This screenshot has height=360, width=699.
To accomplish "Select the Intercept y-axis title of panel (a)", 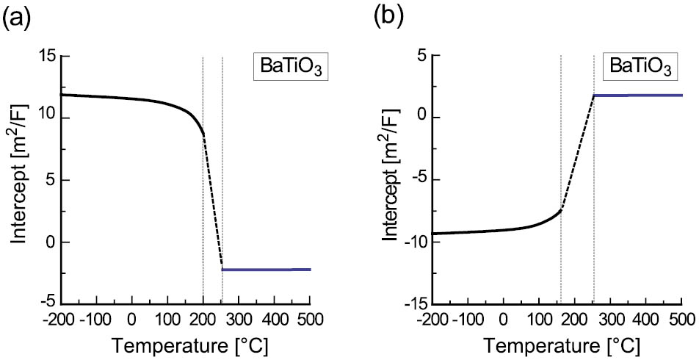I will (18, 179).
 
